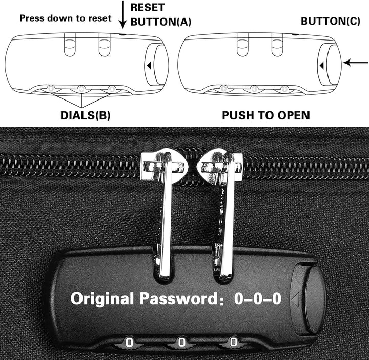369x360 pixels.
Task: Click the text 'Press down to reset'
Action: coord(66,18)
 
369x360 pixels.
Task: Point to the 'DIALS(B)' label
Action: coord(85,115)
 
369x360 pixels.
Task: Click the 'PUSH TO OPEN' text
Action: coord(266,115)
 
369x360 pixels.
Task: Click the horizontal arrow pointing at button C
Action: coord(356,63)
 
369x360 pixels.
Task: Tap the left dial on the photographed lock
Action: coord(129,341)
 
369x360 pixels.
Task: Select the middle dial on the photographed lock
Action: coord(181,341)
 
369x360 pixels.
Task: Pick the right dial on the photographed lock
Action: coord(234,341)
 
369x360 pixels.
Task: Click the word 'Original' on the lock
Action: coord(102,298)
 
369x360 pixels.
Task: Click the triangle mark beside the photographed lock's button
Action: coord(295,299)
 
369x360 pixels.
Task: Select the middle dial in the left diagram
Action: coord(81,89)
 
